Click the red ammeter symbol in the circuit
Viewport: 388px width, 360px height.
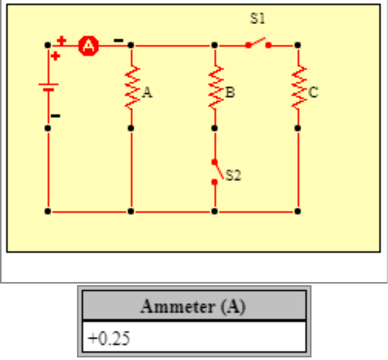(89, 46)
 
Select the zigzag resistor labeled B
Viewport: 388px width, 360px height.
(215, 87)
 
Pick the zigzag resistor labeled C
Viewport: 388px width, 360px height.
(298, 87)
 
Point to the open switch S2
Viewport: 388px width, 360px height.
(216, 171)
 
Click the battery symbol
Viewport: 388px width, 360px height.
(48, 87)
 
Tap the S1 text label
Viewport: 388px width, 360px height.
(258, 19)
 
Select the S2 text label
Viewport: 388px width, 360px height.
(234, 175)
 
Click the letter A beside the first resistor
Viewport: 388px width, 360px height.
(147, 93)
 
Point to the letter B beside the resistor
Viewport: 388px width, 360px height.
(230, 93)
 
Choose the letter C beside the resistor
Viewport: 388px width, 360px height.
(314, 93)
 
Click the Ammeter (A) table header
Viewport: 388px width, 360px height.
(193, 307)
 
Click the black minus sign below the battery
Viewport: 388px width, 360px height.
(55, 116)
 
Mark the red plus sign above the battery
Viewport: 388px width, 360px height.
(55, 55)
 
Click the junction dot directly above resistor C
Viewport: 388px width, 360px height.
(298, 45)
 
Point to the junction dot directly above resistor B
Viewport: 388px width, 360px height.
(215, 45)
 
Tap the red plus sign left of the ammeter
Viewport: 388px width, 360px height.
(62, 40)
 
